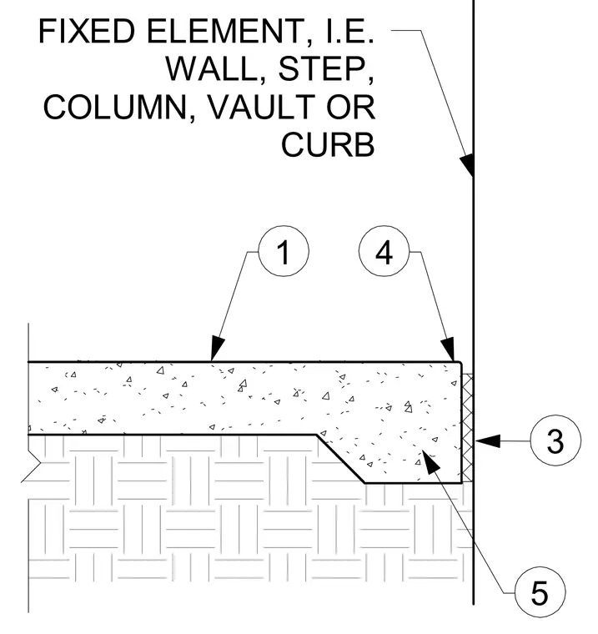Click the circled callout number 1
click(284, 251)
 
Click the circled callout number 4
click(384, 251)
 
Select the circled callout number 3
click(555, 440)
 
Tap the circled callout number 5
click(540, 592)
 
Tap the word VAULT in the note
click(261, 107)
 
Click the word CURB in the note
click(328, 144)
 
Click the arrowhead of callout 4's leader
click(449, 349)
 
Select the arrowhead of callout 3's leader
click(488, 440)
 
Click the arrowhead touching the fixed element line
click(467, 164)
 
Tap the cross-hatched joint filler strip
click(468, 428)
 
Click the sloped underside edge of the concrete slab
click(340, 459)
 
